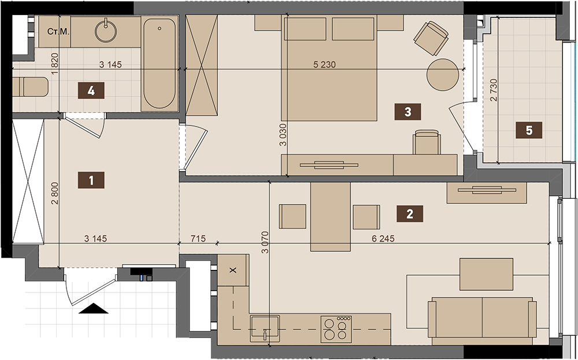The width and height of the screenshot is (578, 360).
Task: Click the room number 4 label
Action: coord(91,91)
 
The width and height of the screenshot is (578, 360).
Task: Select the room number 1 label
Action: coord(91,180)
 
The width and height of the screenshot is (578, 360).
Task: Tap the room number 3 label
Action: coord(407,112)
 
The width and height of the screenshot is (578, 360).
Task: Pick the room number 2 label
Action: coord(410,214)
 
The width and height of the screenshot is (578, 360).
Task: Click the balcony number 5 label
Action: coord(529,130)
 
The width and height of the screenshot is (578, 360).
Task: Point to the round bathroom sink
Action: coord(106,31)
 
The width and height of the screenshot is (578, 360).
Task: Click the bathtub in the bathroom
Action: coord(160,64)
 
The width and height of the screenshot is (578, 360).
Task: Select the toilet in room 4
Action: coord(31,87)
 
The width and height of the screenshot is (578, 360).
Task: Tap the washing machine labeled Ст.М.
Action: coord(55,32)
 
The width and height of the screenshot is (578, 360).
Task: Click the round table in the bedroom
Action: coord(443,75)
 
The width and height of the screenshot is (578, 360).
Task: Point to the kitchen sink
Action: coord(264,328)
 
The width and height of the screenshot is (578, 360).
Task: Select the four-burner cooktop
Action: coord(336,329)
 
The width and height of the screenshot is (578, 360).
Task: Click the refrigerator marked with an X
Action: coord(233,270)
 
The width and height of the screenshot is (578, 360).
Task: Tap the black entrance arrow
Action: coord(93,309)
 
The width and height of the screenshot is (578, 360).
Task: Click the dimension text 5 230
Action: coord(324,65)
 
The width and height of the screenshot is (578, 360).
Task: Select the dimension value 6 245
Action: coord(383,239)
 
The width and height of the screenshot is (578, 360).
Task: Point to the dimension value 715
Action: coord(198,239)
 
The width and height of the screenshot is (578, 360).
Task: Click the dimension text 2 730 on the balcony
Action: coord(494,90)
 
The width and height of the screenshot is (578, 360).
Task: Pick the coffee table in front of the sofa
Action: coord(486,274)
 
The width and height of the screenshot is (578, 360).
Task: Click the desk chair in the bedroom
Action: coord(427,142)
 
